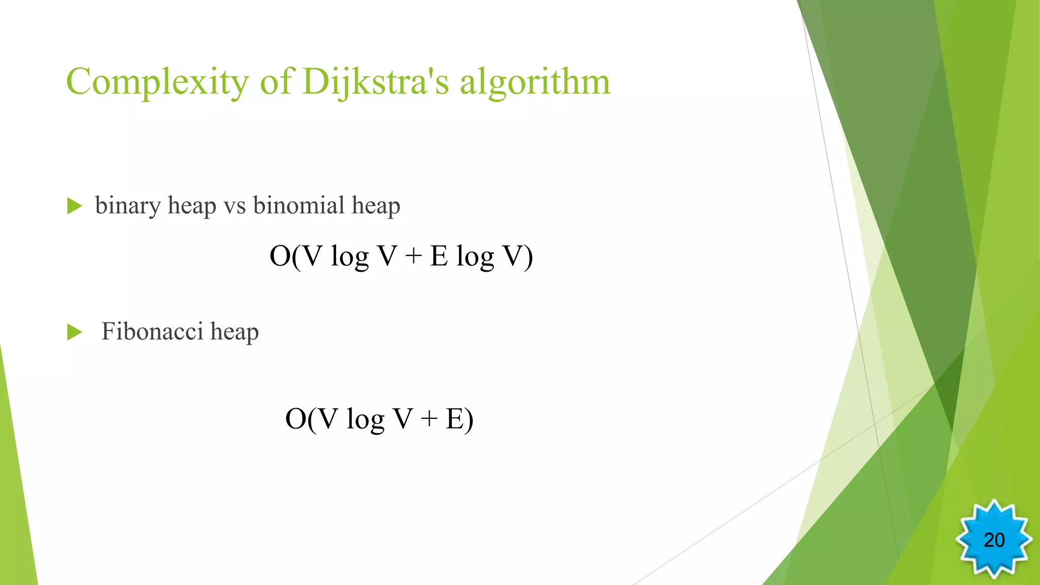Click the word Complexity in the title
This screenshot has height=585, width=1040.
pyautogui.click(x=157, y=82)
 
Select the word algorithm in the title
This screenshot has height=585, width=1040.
pyautogui.click(x=535, y=82)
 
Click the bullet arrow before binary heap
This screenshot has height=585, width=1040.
pyautogui.click(x=75, y=206)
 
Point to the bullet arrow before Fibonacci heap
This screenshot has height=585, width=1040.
pyautogui.click(x=75, y=332)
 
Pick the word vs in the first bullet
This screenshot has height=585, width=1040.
pyautogui.click(x=235, y=206)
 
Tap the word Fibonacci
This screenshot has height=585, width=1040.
pyautogui.click(x=152, y=331)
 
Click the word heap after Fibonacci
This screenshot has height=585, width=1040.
pyautogui.click(x=235, y=332)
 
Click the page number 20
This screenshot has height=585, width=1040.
pyautogui.click(x=994, y=540)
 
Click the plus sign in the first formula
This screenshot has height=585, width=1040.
pyautogui.click(x=414, y=256)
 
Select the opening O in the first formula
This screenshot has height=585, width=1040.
pyautogui.click(x=280, y=256)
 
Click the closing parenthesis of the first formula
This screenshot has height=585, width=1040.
pyautogui.click(x=528, y=256)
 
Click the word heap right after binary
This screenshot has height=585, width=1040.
pyautogui.click(x=192, y=206)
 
